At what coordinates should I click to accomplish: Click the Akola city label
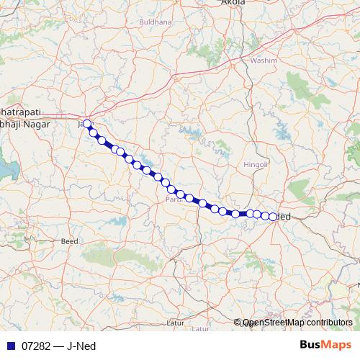click(x=234, y=3)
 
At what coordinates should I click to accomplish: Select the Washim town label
click(x=264, y=61)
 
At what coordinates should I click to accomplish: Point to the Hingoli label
click(x=256, y=165)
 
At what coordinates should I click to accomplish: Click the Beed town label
click(x=69, y=241)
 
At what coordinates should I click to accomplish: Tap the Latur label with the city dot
click(x=174, y=323)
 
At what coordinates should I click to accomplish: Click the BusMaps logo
click(x=325, y=346)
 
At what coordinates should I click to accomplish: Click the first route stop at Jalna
click(x=88, y=124)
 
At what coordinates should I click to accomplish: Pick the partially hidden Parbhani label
click(x=173, y=199)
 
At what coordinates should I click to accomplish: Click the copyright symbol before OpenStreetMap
click(x=238, y=323)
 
